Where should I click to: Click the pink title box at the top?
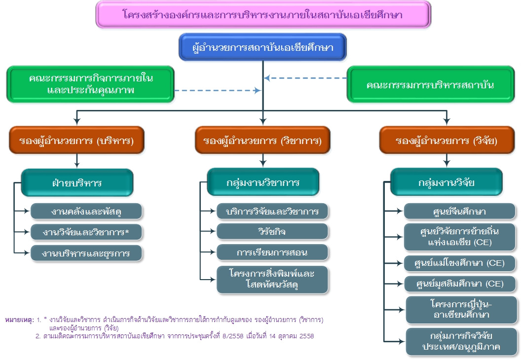click(x=263, y=14)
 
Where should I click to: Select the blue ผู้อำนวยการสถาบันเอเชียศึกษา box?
click(x=263, y=48)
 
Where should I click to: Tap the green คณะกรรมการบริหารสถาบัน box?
click(x=430, y=85)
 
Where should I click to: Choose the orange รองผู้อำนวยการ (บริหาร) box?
click(x=76, y=140)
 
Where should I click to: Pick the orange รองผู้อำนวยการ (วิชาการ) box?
click(x=262, y=140)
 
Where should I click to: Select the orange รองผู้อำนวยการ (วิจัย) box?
click(x=447, y=140)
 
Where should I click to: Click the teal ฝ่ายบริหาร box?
click(x=77, y=182)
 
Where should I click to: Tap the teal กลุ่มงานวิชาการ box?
click(x=263, y=182)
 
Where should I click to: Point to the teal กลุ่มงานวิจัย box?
click(x=447, y=182)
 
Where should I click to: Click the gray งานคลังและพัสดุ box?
click(x=86, y=212)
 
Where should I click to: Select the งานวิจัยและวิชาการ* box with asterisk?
click(x=86, y=232)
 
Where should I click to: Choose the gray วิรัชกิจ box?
click(x=272, y=232)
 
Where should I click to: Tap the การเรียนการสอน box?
click(x=272, y=252)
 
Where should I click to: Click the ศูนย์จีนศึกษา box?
click(x=459, y=212)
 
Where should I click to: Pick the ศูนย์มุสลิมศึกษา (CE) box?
click(x=459, y=284)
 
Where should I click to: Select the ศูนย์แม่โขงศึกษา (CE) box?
click(x=459, y=263)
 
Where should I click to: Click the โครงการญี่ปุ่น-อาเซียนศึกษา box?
click(x=461, y=310)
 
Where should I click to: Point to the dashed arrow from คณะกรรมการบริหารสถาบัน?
click(x=306, y=78)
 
